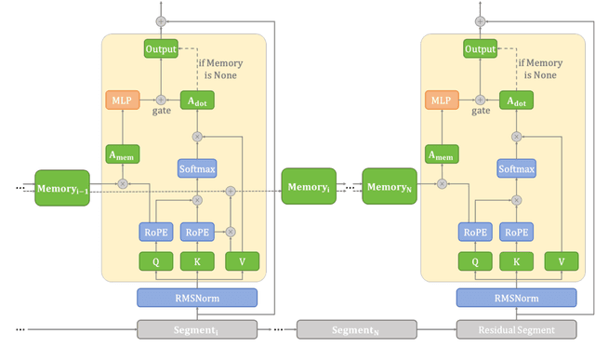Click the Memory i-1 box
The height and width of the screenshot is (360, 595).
pos(62,189)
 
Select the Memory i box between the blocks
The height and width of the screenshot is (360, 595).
pos(308,189)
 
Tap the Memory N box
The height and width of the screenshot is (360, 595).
pos(389,187)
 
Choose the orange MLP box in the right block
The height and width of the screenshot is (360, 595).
pos(443,99)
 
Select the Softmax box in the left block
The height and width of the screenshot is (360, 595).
pos(197,168)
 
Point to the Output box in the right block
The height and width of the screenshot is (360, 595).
pos(480,48)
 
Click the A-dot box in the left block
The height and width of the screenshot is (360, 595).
pos(197,99)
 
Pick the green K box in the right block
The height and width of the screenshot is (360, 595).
pos(516,262)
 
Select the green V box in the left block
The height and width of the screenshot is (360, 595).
pos(242,262)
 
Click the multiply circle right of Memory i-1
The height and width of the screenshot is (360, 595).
pos(122,184)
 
